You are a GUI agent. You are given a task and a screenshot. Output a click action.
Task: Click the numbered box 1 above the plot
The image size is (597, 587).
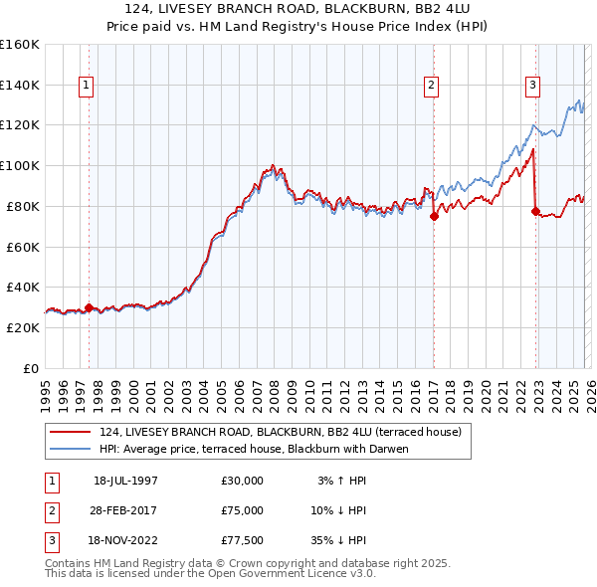click(87, 87)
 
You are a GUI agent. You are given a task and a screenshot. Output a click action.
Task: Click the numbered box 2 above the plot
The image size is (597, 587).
click(432, 87)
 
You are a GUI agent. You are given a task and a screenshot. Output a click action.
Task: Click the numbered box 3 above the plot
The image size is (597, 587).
click(533, 87)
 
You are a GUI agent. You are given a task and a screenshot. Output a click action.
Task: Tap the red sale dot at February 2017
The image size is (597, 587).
click(435, 215)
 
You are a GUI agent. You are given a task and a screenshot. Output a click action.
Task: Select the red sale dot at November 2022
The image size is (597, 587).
click(536, 211)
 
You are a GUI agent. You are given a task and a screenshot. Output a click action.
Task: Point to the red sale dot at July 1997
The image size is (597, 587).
click(90, 307)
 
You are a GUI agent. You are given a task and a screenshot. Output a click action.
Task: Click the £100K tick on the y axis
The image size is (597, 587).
click(20, 165)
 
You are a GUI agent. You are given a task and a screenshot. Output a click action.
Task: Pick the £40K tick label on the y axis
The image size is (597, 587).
click(23, 287)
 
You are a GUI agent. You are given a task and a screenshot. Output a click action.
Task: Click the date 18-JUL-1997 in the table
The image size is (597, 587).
click(125, 480)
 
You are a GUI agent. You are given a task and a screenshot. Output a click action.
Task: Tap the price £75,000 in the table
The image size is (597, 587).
click(243, 510)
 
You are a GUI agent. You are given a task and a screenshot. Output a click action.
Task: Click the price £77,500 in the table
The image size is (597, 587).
click(243, 541)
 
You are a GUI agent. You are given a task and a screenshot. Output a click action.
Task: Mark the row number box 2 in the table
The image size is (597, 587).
click(51, 510)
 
